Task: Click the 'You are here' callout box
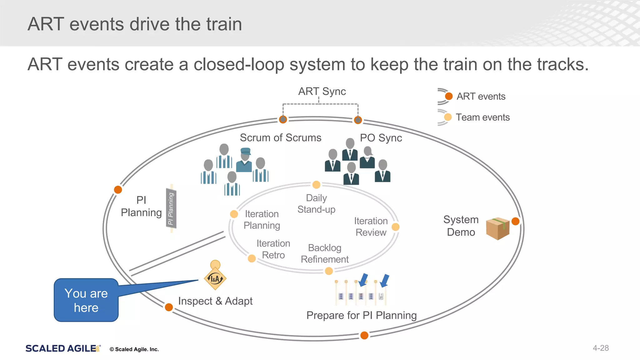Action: point(86,300)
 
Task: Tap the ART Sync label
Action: point(322,92)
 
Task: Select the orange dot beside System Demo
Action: point(515,221)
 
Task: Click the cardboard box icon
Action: point(498,228)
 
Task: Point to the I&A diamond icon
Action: point(215,278)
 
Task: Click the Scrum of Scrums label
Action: point(280,138)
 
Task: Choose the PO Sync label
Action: point(381,138)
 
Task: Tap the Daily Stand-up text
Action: point(316,203)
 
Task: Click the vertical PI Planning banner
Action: point(171,208)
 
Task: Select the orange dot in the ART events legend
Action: point(449,96)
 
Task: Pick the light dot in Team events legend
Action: point(448,117)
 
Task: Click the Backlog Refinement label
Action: point(325,253)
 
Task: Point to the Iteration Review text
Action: point(371,227)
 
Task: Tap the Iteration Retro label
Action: point(273,249)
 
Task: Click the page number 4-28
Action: point(601,348)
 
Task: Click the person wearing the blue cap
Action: point(245,160)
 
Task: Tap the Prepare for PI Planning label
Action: point(362,315)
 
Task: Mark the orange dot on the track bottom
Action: point(364,335)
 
